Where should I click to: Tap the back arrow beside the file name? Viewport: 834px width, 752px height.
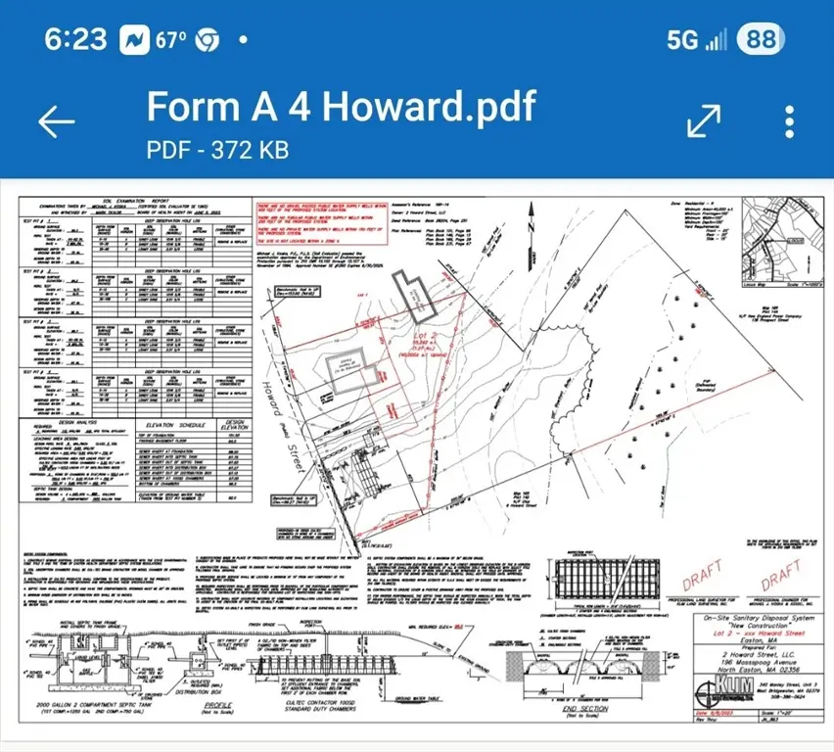pos(56,120)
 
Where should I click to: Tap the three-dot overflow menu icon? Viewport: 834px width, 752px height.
pos(790,120)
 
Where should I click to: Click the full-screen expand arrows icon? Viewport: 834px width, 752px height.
pos(705,120)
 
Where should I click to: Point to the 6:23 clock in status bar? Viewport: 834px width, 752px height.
pos(75,39)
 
